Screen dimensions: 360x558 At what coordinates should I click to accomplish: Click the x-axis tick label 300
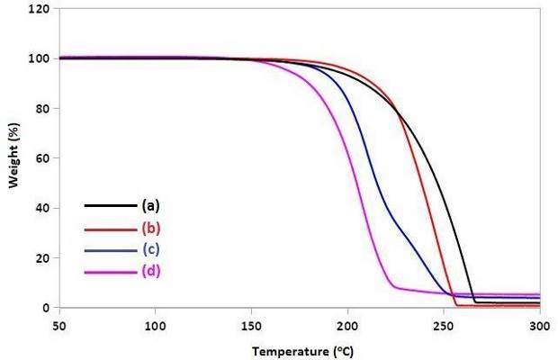pos(539,322)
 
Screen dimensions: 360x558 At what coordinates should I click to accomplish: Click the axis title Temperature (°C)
pos(300,349)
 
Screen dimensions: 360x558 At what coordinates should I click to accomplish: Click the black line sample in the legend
pos(106,205)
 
